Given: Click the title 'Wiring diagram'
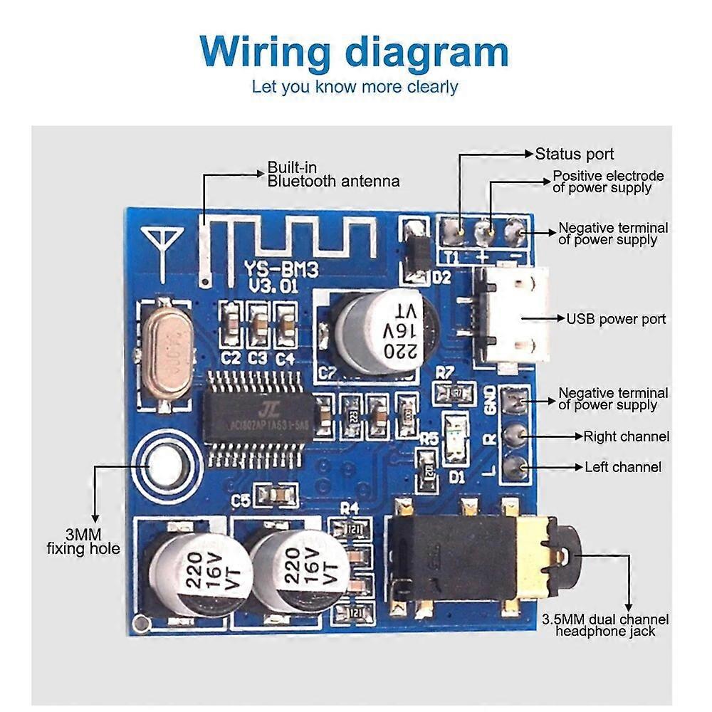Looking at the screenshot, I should pos(355,52).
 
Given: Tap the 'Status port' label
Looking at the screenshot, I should pos(574,154).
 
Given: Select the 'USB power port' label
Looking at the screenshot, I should pos(616,318).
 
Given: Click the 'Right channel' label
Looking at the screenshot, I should pos(627,436).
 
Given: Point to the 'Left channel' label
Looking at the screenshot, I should pos(623,467).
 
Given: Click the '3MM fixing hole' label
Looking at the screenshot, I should pos(83,541).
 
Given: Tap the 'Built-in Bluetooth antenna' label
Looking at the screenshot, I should pos(333,174).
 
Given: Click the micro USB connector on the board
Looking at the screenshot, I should pos(509,318).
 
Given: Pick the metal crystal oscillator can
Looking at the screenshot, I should pos(165,353).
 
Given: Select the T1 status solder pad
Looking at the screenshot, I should pos(454,231).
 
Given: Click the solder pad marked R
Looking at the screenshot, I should pos(515,434).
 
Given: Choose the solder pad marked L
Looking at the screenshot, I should pos(515,466).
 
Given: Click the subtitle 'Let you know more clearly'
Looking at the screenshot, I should pos(355,87).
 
